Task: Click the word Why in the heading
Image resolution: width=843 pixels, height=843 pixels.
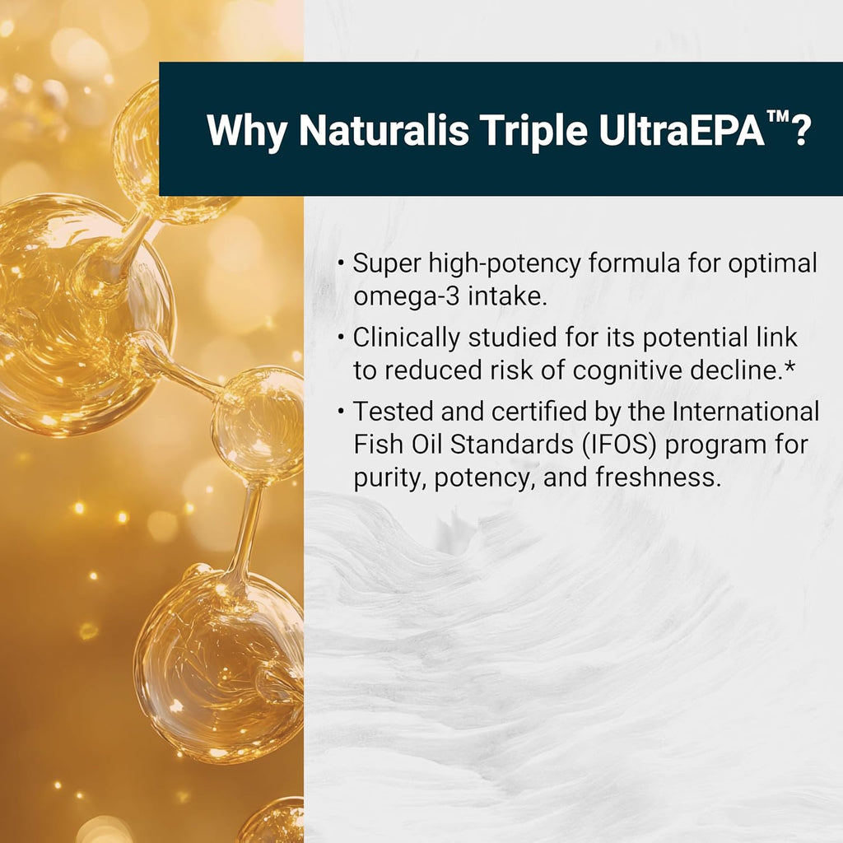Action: (247, 130)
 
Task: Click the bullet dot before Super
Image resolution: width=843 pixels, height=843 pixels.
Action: (341, 264)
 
